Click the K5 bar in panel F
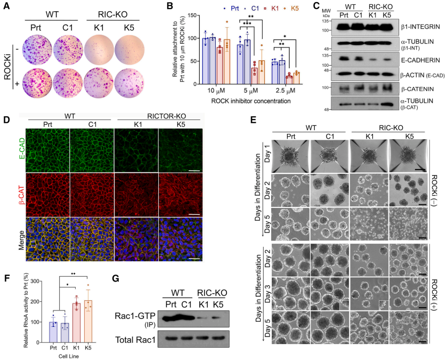[88, 320]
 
